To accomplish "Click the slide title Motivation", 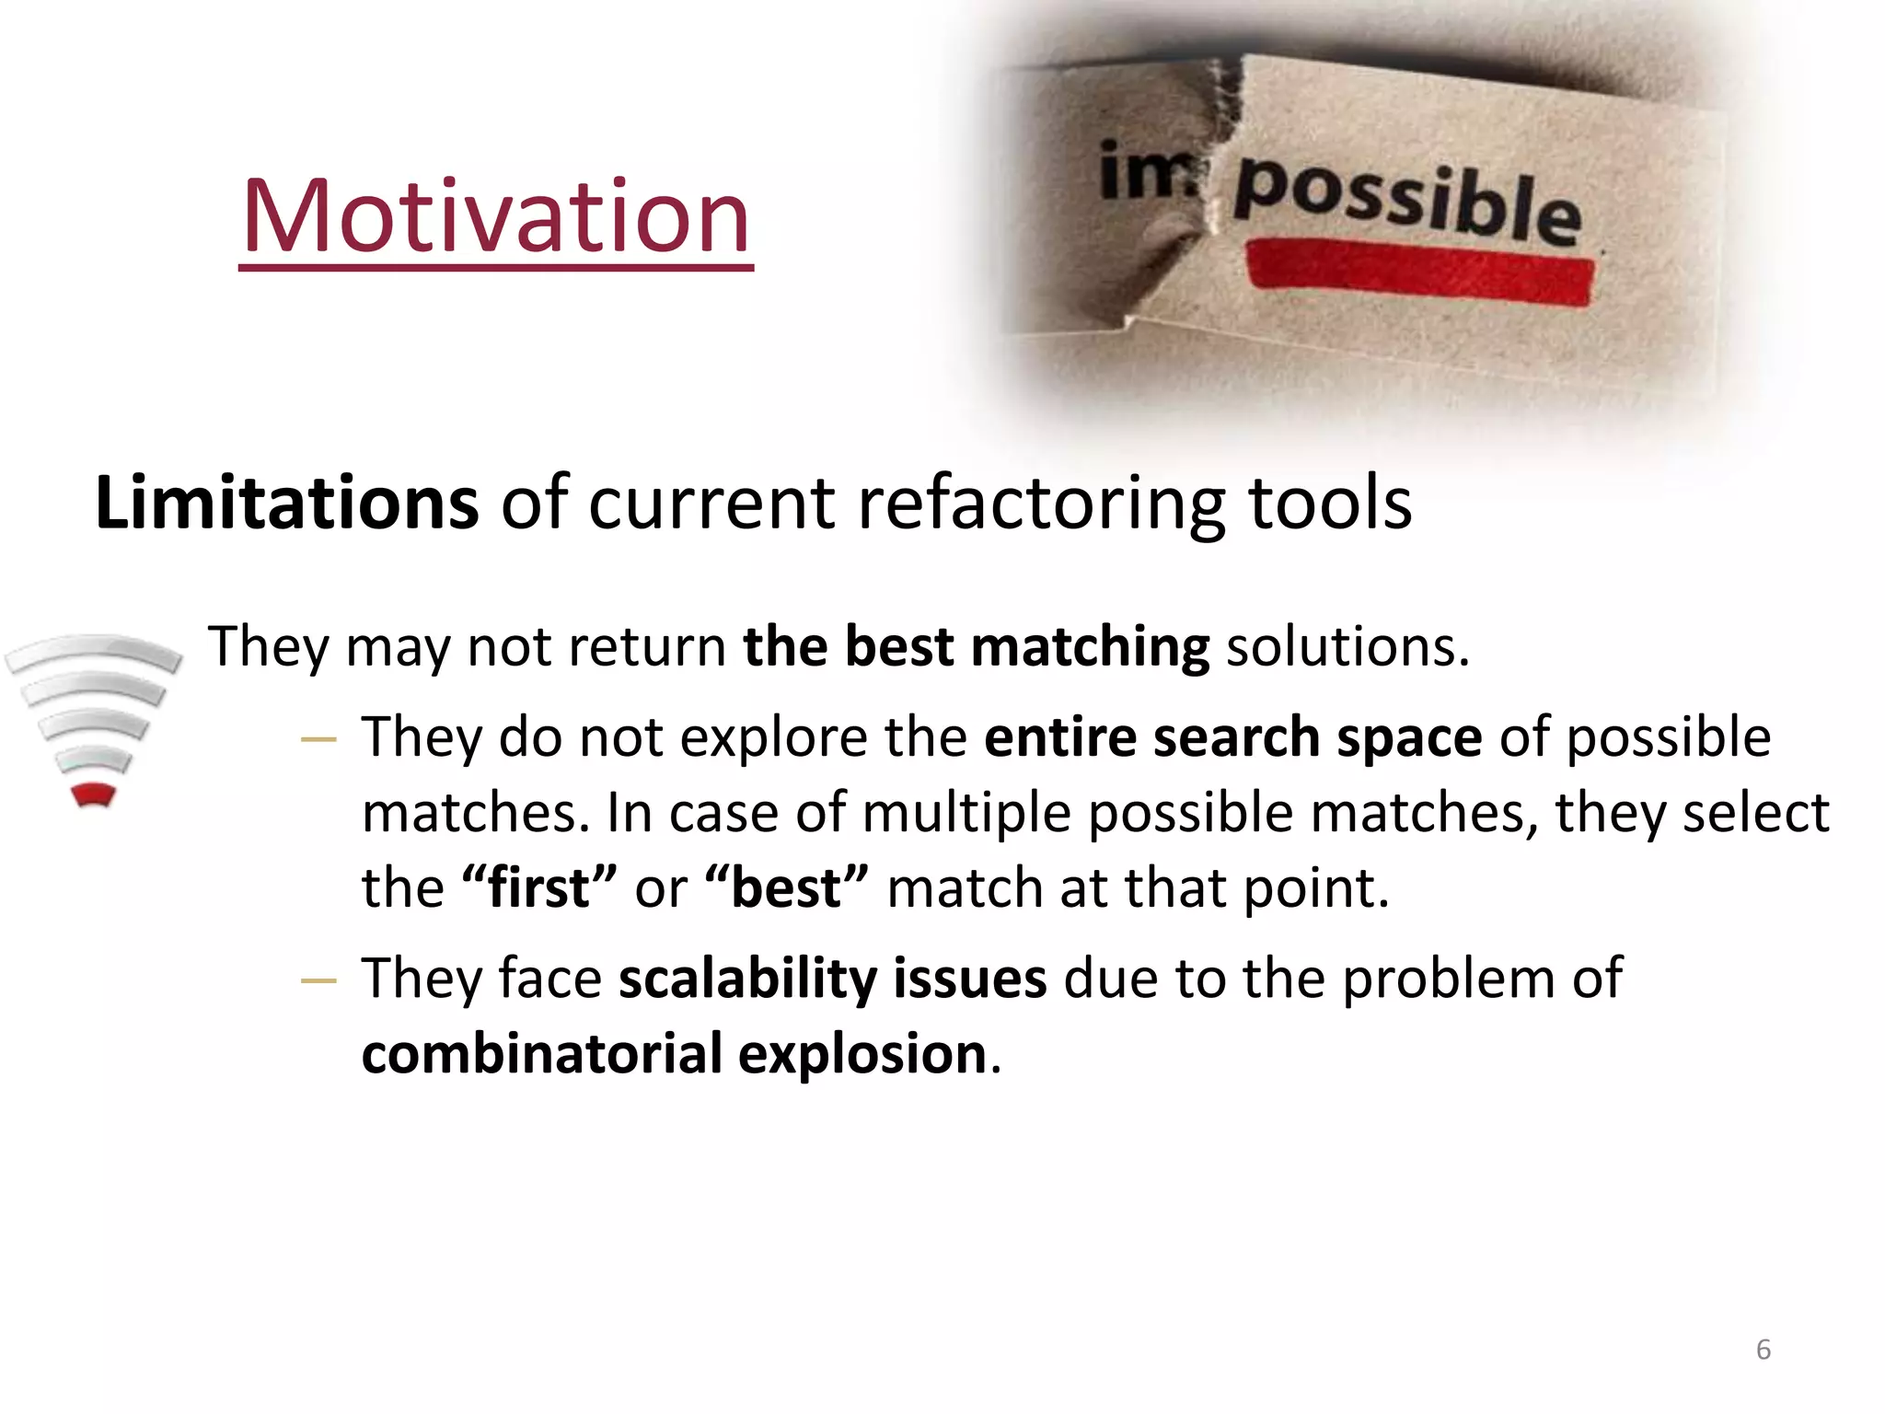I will point(496,218).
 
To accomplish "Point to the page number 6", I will point(1763,1350).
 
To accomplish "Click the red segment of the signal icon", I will point(93,794).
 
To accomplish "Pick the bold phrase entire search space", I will point(1232,737).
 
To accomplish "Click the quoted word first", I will point(538,888).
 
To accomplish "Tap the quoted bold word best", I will point(786,888).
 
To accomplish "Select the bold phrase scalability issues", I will point(832,978).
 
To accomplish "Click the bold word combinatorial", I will point(541,1053).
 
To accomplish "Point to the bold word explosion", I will point(862,1053).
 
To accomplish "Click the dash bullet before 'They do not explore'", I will point(318,739).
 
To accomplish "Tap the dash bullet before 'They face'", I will point(318,980).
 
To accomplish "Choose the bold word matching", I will point(1090,647).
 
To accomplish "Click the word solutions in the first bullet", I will point(1347,647).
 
